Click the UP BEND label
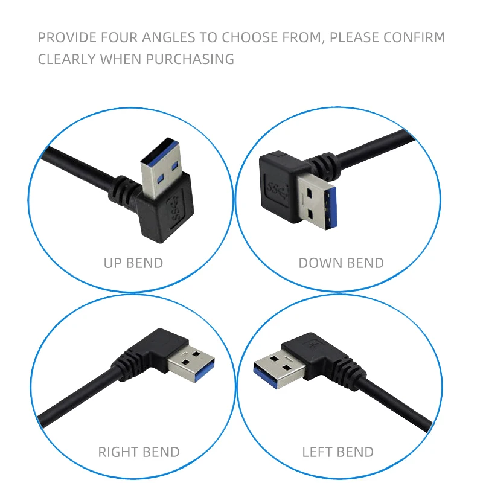pyautogui.click(x=133, y=263)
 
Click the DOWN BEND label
pyautogui.click(x=341, y=263)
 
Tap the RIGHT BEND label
pyautogui.click(x=138, y=452)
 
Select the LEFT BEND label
pyautogui.click(x=337, y=452)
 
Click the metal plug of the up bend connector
pyautogui.click(x=162, y=162)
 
